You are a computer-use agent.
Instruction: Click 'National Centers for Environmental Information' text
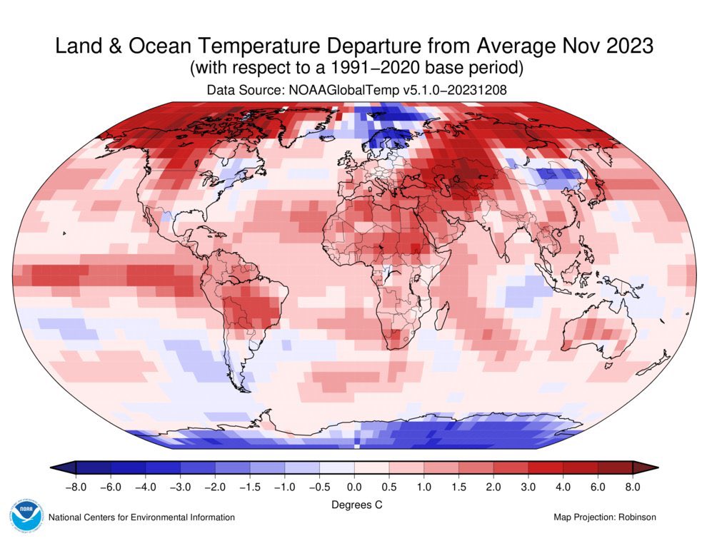(141, 517)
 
